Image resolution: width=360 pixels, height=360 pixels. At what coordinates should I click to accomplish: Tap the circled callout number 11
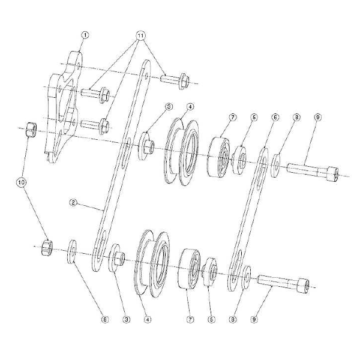pos(142,35)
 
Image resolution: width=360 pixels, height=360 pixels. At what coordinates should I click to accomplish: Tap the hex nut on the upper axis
pos(31,129)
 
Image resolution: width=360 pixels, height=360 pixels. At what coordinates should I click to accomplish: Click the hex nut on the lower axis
pos(45,247)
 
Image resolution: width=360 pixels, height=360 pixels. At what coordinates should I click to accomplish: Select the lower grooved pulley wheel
pos(153,261)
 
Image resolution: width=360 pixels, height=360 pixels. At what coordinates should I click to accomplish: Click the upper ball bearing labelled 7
pos(220,157)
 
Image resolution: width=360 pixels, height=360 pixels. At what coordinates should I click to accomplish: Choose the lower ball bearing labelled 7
pos(191,269)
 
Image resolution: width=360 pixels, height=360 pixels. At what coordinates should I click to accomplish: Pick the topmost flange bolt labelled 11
pos(173,79)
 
